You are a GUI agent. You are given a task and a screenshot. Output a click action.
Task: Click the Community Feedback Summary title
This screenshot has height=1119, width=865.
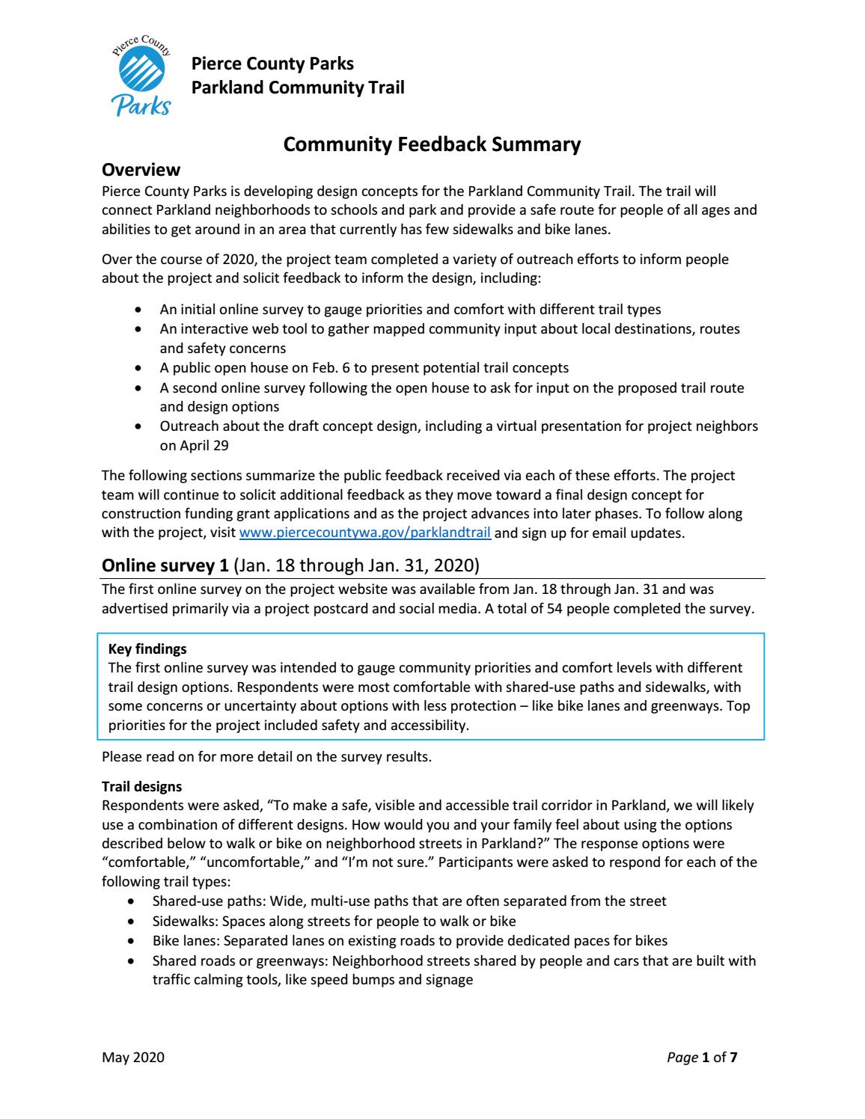[432, 144]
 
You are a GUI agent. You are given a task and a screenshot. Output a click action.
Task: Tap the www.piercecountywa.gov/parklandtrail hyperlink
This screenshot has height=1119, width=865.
[364, 533]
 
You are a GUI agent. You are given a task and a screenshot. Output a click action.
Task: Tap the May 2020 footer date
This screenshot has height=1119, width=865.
[132, 1057]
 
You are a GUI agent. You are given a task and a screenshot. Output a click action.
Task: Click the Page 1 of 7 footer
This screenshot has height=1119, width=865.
[702, 1057]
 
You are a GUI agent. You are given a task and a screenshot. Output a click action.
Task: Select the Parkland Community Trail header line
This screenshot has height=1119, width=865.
[298, 88]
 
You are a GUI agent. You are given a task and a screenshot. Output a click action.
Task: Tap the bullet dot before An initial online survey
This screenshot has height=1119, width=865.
[137, 310]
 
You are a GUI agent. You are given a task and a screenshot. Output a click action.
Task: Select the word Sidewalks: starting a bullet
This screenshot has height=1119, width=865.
[181, 921]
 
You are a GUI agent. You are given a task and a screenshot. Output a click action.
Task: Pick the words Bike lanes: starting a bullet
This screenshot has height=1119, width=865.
[185, 940]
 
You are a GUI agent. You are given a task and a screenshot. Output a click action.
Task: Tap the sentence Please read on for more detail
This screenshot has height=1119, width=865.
[266, 756]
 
